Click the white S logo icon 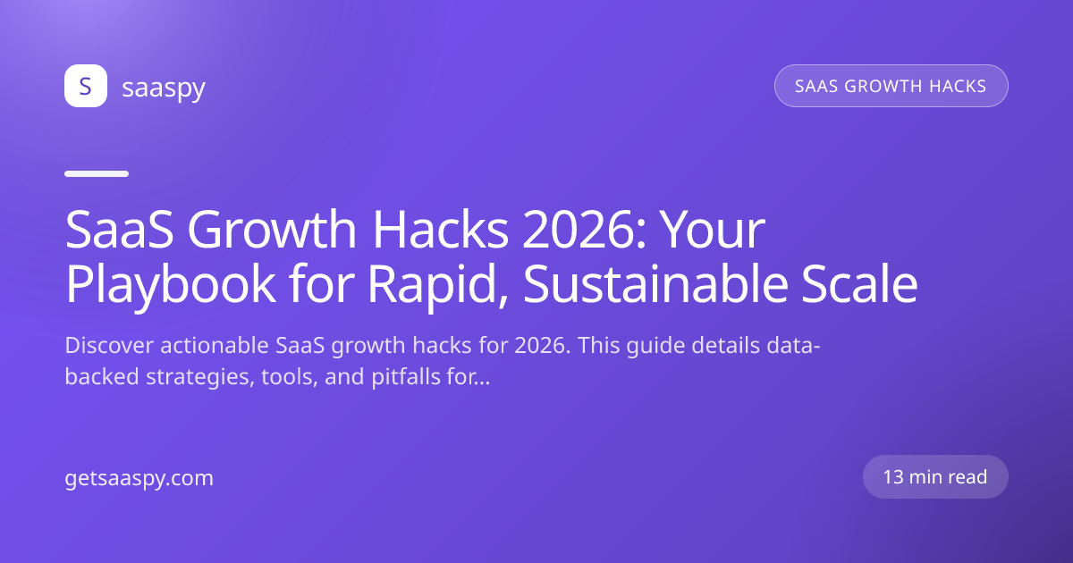tap(86, 86)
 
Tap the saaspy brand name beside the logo tap(164, 88)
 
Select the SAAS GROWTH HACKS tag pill tap(891, 86)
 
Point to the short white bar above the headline tap(97, 173)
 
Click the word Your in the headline tap(713, 230)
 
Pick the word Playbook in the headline tap(170, 285)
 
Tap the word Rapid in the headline tap(437, 285)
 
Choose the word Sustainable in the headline tap(655, 284)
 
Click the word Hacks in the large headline tap(440, 230)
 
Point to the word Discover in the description tap(109, 345)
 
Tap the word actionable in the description tap(214, 345)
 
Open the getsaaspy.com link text tap(139, 479)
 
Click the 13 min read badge tap(935, 477)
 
